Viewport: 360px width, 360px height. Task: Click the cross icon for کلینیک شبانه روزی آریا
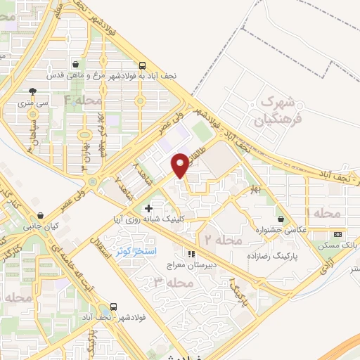148,208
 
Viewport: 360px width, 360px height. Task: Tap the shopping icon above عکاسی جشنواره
281,219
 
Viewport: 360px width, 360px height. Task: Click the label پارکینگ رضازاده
267,257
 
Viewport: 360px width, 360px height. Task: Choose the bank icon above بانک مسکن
338,234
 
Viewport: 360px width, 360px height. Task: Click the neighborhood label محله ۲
221,240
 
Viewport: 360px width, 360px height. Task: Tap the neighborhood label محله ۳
172,283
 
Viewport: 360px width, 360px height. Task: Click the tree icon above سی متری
32,91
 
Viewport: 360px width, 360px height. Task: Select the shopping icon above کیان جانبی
41,215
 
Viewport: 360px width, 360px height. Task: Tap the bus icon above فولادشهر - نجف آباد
114,307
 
